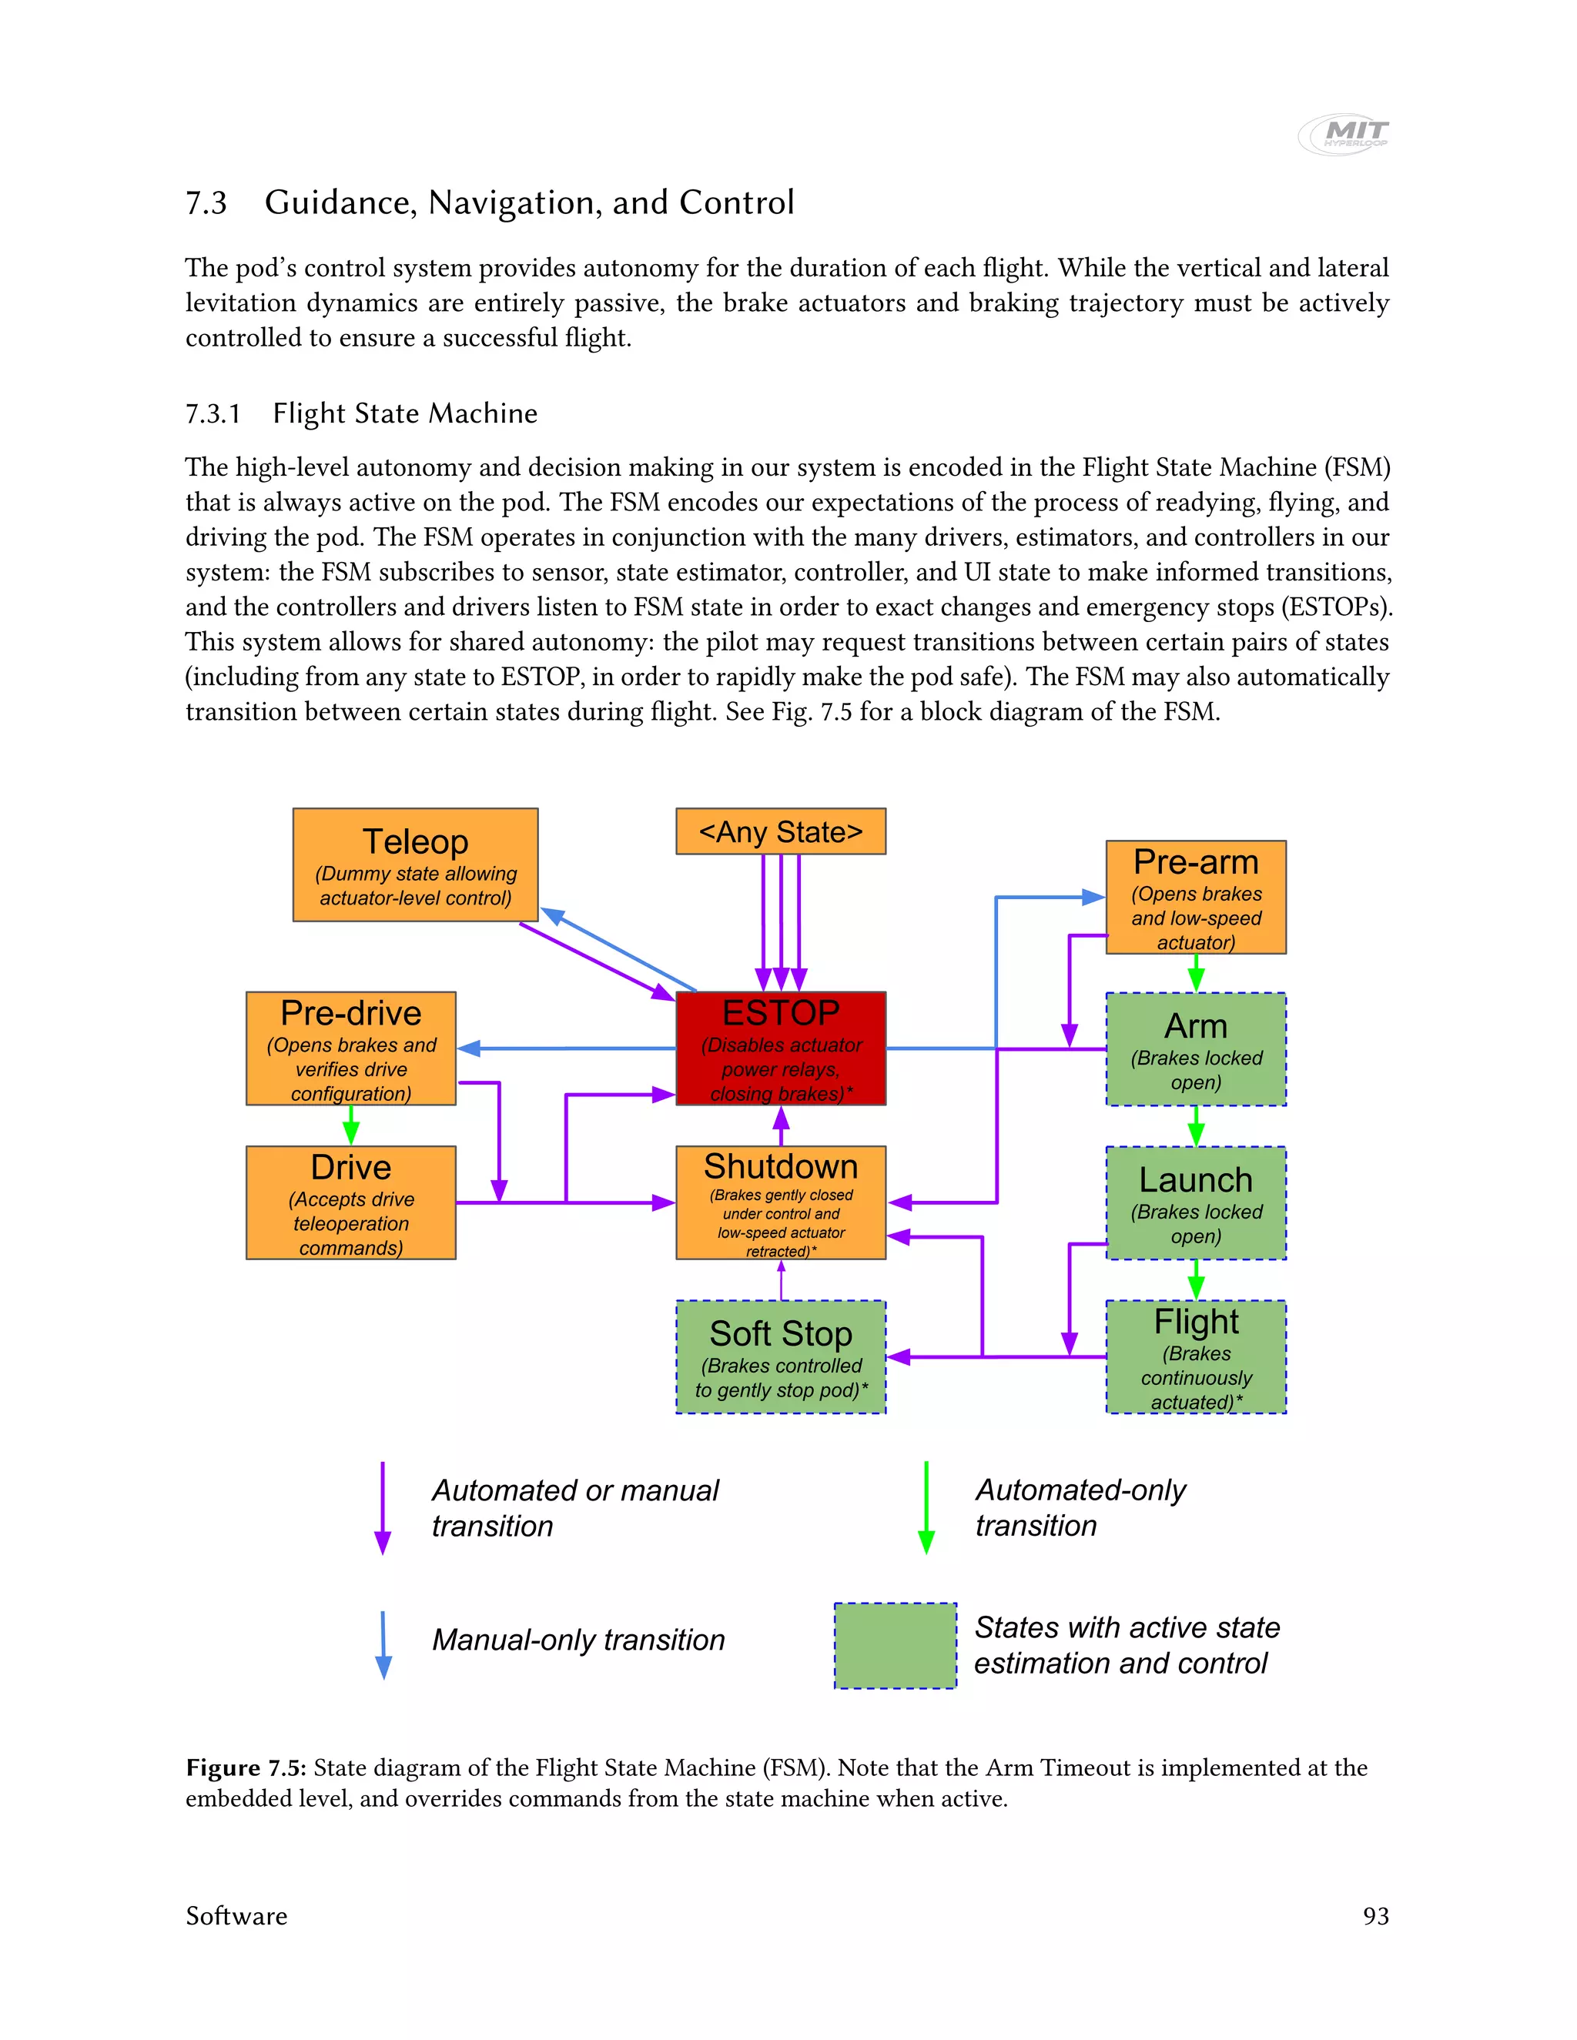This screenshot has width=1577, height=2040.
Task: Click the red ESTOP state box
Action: pyautogui.click(x=780, y=1048)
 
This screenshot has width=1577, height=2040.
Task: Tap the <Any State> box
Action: pyautogui.click(x=780, y=831)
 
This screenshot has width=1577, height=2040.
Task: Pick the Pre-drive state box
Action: pyautogui.click(x=350, y=1048)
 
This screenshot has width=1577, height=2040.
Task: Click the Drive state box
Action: pyautogui.click(x=350, y=1202)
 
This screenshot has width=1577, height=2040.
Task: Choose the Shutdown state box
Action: pyautogui.click(x=780, y=1202)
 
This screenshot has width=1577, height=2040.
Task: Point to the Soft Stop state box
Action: pyautogui.click(x=780, y=1356)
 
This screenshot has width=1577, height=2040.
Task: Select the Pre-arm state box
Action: pyautogui.click(x=1195, y=897)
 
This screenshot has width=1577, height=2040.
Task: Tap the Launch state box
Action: pyautogui.click(x=1195, y=1202)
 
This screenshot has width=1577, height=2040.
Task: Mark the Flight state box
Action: pyautogui.click(x=1195, y=1356)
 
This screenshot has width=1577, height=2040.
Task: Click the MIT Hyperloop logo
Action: pyautogui.click(x=1345, y=134)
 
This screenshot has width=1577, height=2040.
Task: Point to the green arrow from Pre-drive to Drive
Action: pyautogui.click(x=350, y=1125)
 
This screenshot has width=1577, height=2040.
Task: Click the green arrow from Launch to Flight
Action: pyautogui.click(x=1195, y=1279)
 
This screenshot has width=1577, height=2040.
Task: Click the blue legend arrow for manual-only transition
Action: pyautogui.click(x=383, y=1644)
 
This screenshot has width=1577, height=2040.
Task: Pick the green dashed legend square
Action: pyautogui.click(x=894, y=1645)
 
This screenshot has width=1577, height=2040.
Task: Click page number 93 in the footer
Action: pyautogui.click(x=1375, y=1916)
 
